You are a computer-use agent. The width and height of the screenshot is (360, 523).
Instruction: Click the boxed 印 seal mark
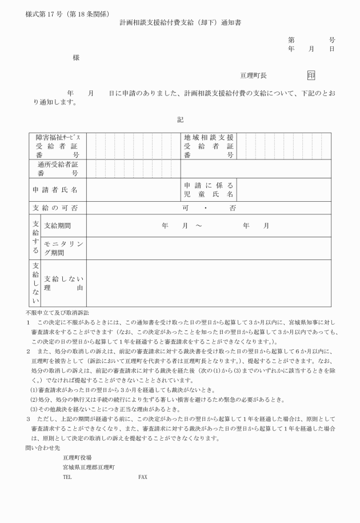pos(311,75)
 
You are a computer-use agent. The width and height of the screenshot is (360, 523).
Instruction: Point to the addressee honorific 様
pos(76,58)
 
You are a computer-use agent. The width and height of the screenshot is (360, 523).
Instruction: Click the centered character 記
pos(180,119)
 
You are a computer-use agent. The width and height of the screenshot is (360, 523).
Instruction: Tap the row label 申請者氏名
pos(55,189)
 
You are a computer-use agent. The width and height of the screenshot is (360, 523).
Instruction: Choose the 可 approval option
pos(186,209)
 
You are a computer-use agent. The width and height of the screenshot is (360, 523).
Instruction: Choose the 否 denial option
pos(233,209)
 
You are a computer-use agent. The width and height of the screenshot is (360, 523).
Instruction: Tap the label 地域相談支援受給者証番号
pos(209,146)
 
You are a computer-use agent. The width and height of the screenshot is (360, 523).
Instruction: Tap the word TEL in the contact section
pos(67,476)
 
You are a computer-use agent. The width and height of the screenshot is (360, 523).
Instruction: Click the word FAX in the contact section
pos(143,476)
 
